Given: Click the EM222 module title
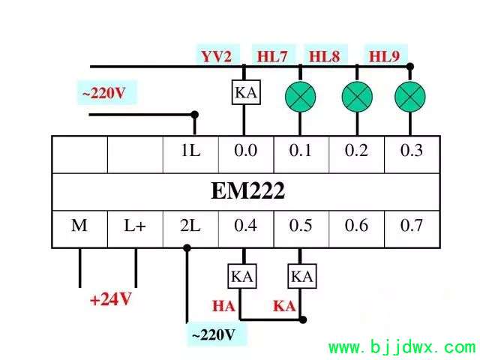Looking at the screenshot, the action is (248, 191).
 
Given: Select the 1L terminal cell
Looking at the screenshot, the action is (190, 154).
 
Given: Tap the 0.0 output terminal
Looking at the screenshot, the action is (246, 154).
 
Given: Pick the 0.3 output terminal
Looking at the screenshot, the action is (412, 154).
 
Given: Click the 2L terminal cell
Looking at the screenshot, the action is (190, 229).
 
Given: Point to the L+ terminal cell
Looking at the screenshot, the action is (135, 229).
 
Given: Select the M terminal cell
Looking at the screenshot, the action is (79, 229).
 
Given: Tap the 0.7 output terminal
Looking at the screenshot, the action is (412, 229).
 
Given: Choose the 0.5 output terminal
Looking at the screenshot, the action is (301, 229).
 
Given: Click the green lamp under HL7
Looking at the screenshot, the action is (300, 97).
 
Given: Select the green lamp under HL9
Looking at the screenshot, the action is (410, 97).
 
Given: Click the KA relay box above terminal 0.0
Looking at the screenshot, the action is (246, 92).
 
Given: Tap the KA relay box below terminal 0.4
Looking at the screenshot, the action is (242, 277).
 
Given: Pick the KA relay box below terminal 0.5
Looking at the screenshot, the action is (302, 277).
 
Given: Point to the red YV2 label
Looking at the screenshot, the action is (217, 57).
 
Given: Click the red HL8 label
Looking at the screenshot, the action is (325, 57).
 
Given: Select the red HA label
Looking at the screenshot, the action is (223, 306).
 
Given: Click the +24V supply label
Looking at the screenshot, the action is (111, 299).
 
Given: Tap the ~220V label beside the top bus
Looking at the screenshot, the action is (104, 93).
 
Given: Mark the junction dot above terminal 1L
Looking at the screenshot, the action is (194, 115).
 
